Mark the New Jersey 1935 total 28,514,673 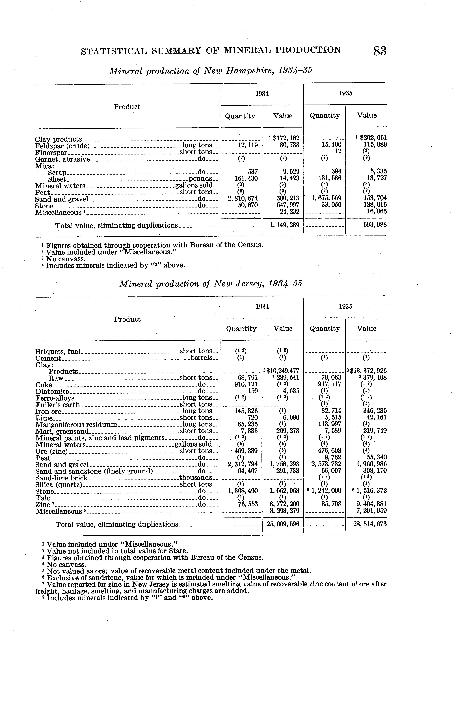pos(370,524)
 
